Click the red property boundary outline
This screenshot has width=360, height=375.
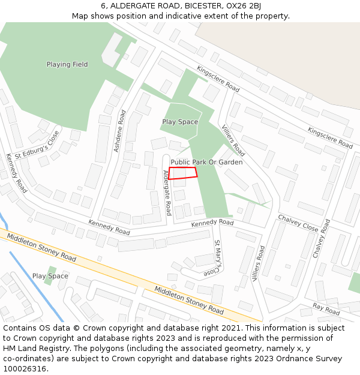183,173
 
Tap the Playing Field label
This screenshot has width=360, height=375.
67,64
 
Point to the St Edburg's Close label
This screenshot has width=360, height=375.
38,148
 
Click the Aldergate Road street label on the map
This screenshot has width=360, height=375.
167,193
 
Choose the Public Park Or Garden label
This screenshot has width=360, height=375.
206,162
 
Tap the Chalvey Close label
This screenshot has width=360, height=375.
298,223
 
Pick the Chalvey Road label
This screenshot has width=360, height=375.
322,238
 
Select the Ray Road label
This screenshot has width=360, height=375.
326,310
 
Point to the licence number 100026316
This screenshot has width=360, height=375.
23,369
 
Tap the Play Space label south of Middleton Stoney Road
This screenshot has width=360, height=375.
50,276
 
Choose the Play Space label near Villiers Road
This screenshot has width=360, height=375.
180,122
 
